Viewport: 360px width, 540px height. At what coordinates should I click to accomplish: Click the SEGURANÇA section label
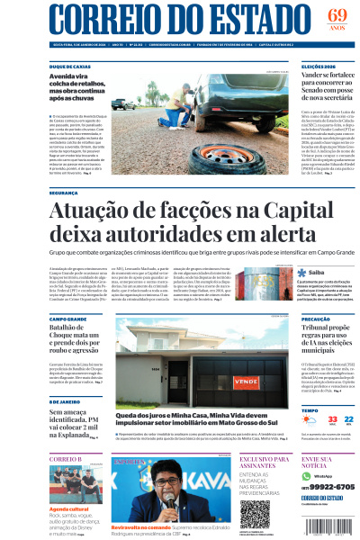[x=65, y=192]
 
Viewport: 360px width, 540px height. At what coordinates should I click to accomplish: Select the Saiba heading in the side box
[x=317, y=272]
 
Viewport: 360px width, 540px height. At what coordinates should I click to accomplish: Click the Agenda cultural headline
[x=68, y=508]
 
